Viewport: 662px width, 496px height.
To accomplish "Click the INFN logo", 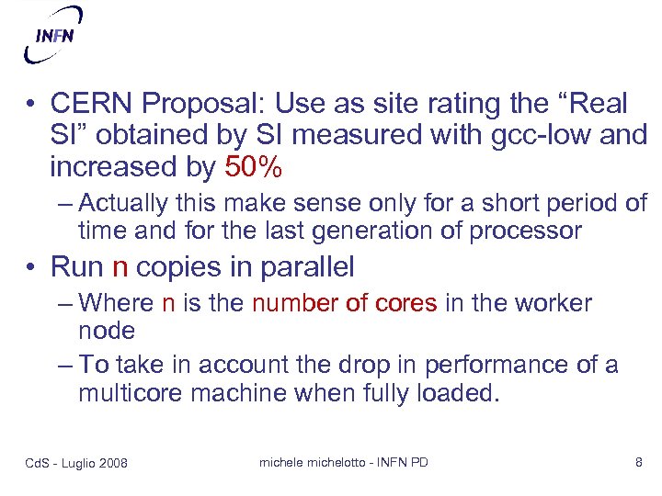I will click(x=54, y=36).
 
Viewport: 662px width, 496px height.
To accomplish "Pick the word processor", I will click(x=525, y=230).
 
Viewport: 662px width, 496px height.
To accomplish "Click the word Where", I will click(x=117, y=303).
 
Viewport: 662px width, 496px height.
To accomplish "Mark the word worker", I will click(x=554, y=303).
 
